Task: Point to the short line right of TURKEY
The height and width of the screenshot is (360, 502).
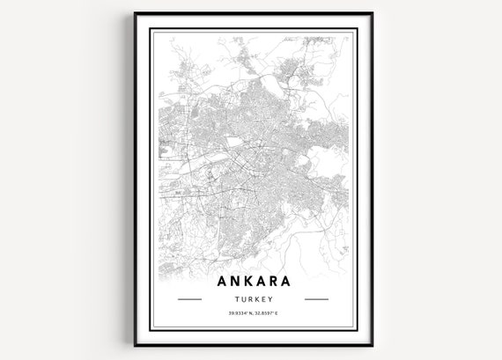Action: [x=314, y=300]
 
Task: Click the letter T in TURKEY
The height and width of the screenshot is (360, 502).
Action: [x=235, y=300]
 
